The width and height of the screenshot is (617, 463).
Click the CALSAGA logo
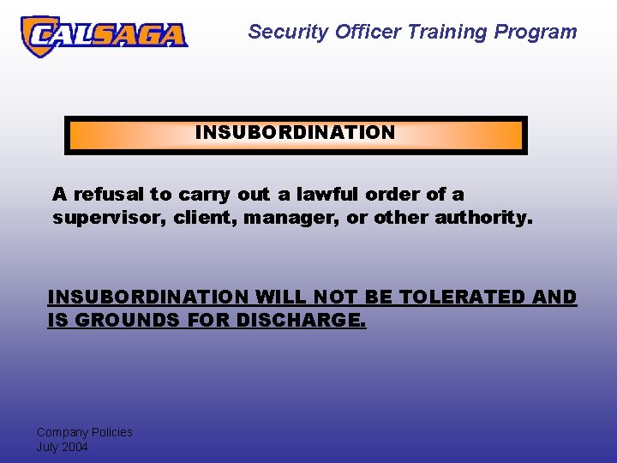[103, 35]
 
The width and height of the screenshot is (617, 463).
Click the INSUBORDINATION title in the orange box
[295, 133]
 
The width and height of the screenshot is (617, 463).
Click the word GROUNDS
[116, 321]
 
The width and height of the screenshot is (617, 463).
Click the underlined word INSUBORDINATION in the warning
[147, 298]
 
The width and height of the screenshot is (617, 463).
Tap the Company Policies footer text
[84, 432]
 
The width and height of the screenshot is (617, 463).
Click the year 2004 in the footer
[75, 447]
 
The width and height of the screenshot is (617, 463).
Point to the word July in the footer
[47, 447]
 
